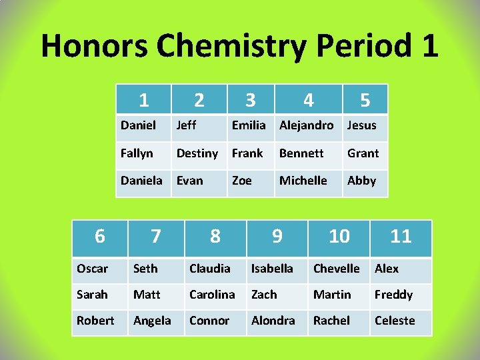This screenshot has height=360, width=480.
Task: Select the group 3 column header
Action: pyautogui.click(x=250, y=100)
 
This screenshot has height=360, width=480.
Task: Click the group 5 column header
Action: pyautogui.click(x=365, y=100)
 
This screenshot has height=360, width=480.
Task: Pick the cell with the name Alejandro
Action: pyautogui.click(x=306, y=125)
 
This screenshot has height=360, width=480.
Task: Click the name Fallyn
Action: pyautogui.click(x=137, y=153)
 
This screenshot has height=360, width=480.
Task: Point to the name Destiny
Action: pyautogui.click(x=197, y=153)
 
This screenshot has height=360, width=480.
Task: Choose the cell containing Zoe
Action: pyautogui.click(x=241, y=181)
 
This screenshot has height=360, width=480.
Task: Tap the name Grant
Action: pyautogui.click(x=363, y=153)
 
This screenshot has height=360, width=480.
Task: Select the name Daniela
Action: pyautogui.click(x=141, y=181)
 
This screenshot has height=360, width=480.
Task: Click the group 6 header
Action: pyautogui.click(x=99, y=236)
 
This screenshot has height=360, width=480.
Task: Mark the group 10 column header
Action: pyautogui.click(x=339, y=236)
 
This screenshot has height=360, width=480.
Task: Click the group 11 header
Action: pyautogui.click(x=401, y=236)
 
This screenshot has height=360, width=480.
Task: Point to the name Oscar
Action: pyautogui.click(x=92, y=269)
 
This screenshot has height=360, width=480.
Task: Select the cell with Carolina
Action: pyautogui.click(x=212, y=295)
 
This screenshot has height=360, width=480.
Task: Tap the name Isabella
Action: pyautogui.click(x=272, y=269)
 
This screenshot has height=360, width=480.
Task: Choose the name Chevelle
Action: pyautogui.click(x=336, y=269)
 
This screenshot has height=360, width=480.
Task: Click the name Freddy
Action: pyautogui.click(x=393, y=295)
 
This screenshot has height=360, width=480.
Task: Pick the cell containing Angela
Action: pyautogui.click(x=152, y=321)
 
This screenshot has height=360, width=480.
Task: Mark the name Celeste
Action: pyautogui.click(x=395, y=321)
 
